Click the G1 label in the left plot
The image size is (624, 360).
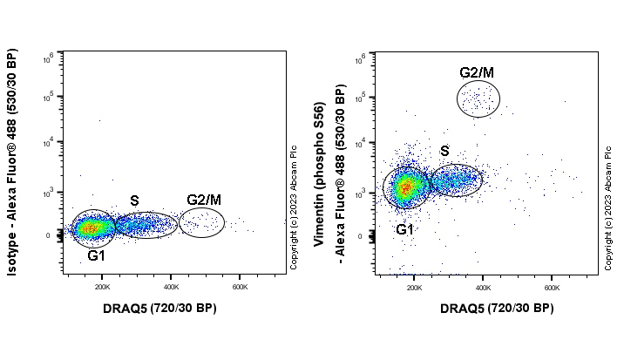click(96, 256)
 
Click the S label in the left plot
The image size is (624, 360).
click(134, 201)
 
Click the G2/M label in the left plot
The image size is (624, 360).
click(202, 200)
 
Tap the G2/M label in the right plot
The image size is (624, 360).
click(477, 72)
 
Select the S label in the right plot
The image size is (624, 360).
click(444, 152)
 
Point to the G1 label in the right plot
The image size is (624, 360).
click(404, 230)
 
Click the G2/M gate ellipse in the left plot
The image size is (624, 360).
click(201, 222)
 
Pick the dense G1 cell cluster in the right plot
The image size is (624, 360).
click(404, 187)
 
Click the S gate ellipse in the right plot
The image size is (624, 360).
click(455, 180)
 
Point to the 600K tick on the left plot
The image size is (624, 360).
click(240, 286)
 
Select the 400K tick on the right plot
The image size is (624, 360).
click(483, 286)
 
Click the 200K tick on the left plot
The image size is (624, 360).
click(102, 286)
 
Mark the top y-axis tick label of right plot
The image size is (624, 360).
click(365, 58)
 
